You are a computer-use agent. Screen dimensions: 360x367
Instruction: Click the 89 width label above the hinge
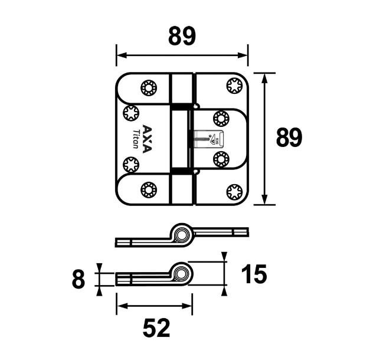[182, 37]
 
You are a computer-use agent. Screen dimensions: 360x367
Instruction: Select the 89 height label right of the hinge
[289, 138]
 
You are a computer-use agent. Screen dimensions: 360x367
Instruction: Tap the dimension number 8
[78, 279]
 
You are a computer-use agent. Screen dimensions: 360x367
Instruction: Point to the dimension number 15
[254, 274]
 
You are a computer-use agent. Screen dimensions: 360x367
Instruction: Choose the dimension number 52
[156, 328]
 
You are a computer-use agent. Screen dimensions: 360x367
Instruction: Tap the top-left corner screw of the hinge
[148, 89]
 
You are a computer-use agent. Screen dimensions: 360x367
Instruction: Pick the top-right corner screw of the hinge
[234, 87]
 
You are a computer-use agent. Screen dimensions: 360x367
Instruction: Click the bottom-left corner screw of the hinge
[148, 190]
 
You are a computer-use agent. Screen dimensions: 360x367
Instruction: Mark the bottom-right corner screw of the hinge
[234, 191]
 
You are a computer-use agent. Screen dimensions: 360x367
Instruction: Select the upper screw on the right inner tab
[221, 118]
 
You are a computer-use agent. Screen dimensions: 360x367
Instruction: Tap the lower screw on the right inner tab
[221, 159]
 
